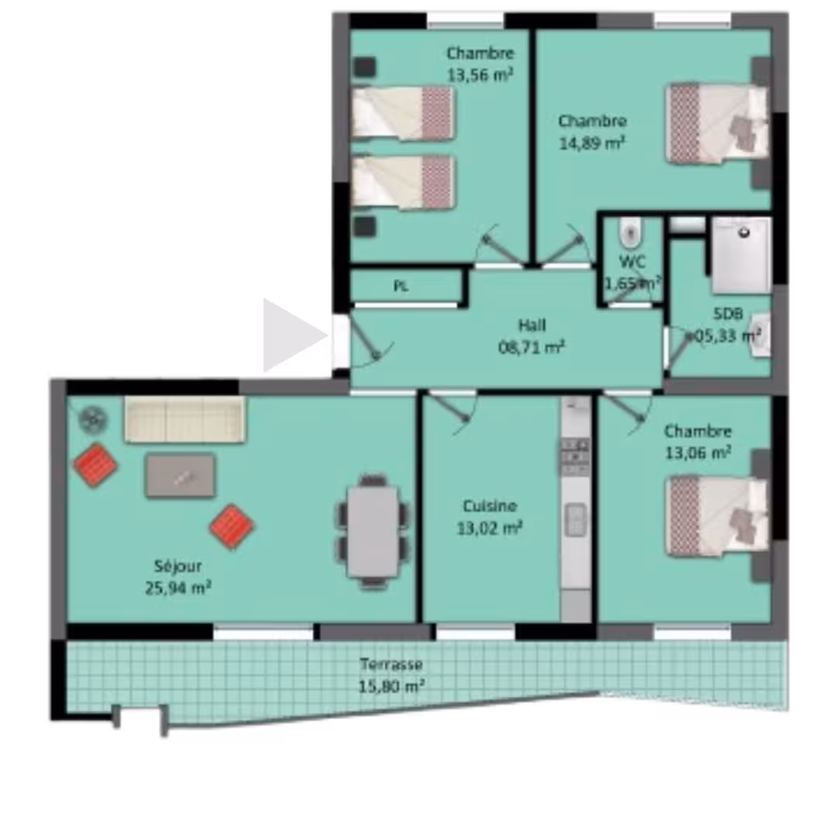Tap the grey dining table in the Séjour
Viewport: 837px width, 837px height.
pyautogui.click(x=373, y=531)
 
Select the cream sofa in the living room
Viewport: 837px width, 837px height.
pyautogui.click(x=184, y=419)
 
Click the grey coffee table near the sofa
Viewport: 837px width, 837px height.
pyautogui.click(x=181, y=476)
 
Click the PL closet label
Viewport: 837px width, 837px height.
pyautogui.click(x=401, y=286)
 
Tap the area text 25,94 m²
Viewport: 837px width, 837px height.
pyautogui.click(x=178, y=587)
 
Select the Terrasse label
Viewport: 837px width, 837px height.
pyautogui.click(x=391, y=664)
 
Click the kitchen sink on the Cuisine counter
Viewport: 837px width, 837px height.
pyautogui.click(x=575, y=519)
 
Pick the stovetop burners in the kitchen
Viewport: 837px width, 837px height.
pyautogui.click(x=575, y=457)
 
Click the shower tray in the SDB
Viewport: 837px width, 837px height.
pyautogui.click(x=742, y=255)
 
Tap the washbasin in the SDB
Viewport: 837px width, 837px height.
pyautogui.click(x=759, y=336)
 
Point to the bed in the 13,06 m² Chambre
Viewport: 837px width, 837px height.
pyautogui.click(x=716, y=516)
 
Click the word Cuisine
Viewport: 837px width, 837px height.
pyautogui.click(x=490, y=505)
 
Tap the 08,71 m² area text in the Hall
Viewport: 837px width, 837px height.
pyautogui.click(x=532, y=347)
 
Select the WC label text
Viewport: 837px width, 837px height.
pyautogui.click(x=632, y=262)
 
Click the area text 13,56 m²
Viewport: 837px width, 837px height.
pyautogui.click(x=480, y=74)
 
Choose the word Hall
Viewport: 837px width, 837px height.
pyautogui.click(x=532, y=325)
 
